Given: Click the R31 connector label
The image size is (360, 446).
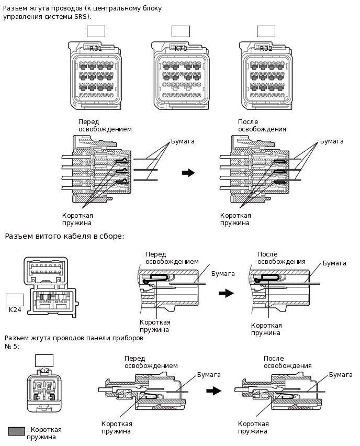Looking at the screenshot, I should (x=96, y=49).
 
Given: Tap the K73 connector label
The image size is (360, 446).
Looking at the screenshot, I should (x=181, y=49).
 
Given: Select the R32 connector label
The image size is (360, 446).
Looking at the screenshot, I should (x=266, y=49).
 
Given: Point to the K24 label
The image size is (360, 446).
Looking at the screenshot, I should (x=15, y=310).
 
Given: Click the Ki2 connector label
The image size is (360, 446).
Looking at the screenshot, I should (x=44, y=371).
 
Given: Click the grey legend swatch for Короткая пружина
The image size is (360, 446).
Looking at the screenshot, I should (x=16, y=431).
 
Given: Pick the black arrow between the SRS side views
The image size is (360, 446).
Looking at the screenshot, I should (x=188, y=173).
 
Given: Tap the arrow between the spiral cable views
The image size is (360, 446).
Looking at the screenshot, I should (x=226, y=294).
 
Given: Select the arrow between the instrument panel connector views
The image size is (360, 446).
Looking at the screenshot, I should (x=213, y=391).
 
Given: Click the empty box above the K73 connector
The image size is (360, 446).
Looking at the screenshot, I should (x=181, y=31).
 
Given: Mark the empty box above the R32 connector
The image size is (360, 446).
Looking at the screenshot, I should (x=266, y=31).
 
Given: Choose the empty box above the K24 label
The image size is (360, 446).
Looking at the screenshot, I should (x=15, y=299).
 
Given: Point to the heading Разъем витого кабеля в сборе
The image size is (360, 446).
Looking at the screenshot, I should (x=64, y=236).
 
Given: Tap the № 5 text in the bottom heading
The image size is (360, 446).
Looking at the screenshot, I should (x=12, y=347).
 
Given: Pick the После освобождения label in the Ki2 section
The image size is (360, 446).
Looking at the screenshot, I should (x=287, y=362).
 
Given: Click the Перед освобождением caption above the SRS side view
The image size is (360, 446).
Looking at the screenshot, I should (x=105, y=125).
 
